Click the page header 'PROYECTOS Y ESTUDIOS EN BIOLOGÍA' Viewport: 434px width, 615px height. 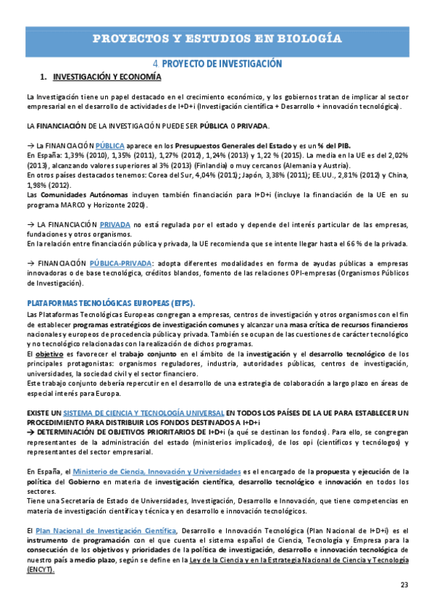click(x=217, y=38)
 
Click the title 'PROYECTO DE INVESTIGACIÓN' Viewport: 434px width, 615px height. click(x=221, y=64)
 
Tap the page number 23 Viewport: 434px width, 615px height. click(x=404, y=585)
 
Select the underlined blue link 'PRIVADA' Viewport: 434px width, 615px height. click(x=116, y=206)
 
